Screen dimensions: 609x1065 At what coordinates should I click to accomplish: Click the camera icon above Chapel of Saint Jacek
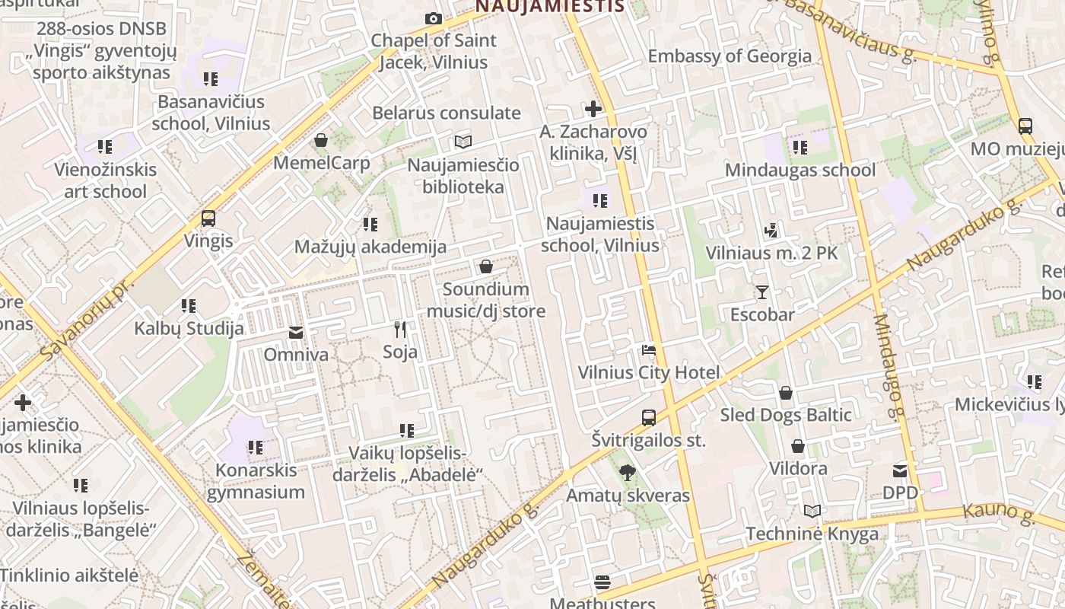pos(434,18)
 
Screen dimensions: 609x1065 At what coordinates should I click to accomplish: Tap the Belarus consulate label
pos(447,113)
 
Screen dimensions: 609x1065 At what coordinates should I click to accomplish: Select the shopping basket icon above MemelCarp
pos(321,140)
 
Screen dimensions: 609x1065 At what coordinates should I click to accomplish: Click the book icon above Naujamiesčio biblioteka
pos(463,142)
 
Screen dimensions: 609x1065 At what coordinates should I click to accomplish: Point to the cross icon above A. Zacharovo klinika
pos(593,108)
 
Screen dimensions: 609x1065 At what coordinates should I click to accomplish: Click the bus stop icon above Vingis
pos(208,218)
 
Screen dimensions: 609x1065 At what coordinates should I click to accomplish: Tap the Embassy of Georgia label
pos(730,56)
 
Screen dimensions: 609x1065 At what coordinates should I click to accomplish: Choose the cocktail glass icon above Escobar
pos(761,292)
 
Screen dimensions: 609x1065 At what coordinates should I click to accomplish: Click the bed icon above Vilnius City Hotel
pos(648,350)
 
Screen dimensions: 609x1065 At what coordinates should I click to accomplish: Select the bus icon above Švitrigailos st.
pos(648,417)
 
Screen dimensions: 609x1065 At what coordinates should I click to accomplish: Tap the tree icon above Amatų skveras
pos(627,473)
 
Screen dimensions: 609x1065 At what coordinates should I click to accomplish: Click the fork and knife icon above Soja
pos(400,329)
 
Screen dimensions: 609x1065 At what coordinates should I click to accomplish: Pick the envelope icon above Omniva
pos(295,333)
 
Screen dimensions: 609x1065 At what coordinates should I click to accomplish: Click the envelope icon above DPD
pos(900,470)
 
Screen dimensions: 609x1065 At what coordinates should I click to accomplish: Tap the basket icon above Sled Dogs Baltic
pos(785,393)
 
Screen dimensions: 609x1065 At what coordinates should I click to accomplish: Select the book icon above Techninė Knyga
pos(812,511)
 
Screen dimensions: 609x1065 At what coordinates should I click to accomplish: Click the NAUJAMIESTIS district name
pos(550,7)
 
